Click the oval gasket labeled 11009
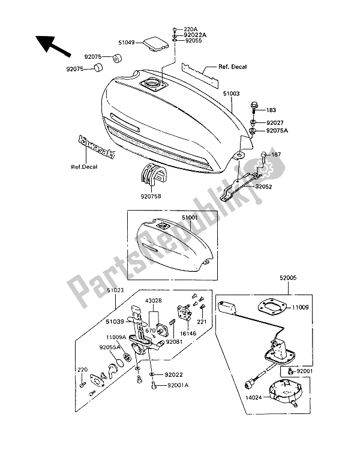tap(272, 308)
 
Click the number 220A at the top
tap(190, 29)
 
